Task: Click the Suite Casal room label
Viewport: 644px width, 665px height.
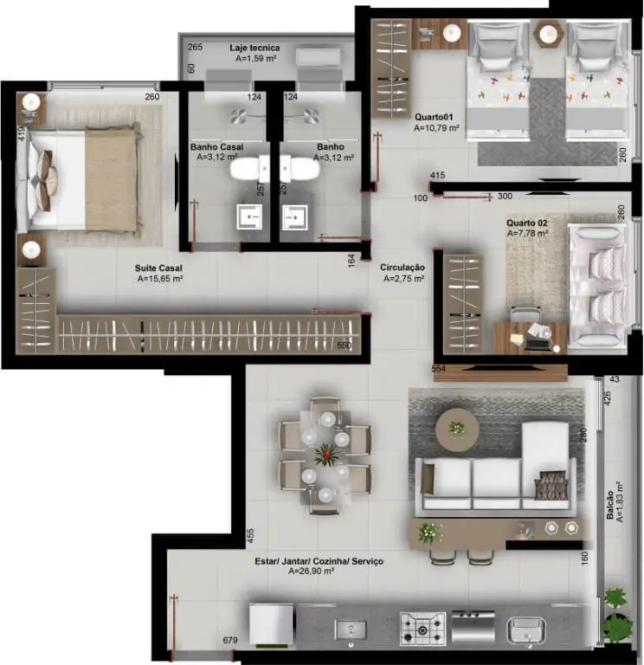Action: coord(158,268)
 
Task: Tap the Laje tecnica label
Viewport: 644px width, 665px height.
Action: coord(254,48)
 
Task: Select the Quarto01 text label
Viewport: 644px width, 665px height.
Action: coord(434,117)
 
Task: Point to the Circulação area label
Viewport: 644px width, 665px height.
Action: coord(402,268)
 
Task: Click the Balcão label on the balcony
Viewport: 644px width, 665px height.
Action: coord(610,505)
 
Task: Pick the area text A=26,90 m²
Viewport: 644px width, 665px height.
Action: coord(312,571)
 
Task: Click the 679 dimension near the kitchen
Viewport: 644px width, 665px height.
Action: coord(230,640)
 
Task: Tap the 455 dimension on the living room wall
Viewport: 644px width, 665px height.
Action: coord(250,536)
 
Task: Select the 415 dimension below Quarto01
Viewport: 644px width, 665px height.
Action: coord(437,175)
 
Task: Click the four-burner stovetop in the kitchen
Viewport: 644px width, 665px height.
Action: coord(422,629)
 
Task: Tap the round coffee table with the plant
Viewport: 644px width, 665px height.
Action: coord(457,429)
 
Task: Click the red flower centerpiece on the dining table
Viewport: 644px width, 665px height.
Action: coord(327,455)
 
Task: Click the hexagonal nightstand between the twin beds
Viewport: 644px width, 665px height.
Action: coord(548,33)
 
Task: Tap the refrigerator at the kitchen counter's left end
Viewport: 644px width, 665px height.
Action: coord(270,625)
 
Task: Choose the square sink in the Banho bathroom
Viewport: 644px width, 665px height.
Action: coord(295,216)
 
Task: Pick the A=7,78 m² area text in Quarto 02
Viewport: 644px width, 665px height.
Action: coord(527,233)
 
